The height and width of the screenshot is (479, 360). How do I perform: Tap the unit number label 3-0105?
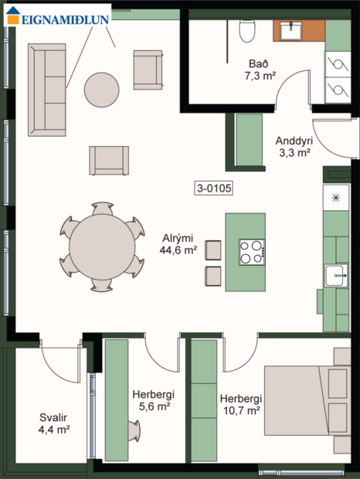coord(214,187)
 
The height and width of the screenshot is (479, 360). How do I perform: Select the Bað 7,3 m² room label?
coord(259,69)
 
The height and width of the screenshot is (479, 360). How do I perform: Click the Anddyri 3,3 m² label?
coord(293,147)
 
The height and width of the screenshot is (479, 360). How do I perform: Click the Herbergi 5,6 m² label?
coord(151,399)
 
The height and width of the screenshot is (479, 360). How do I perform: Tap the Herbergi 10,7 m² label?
coord(240,404)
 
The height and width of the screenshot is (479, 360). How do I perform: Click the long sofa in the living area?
coord(47,88)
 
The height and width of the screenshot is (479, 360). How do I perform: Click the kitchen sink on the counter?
coord(336,275)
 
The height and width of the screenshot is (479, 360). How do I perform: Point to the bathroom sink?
coord(293,31)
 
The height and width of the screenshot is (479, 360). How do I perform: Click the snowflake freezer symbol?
coord(336,198)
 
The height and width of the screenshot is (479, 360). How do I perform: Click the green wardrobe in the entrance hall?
coord(249,141)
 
